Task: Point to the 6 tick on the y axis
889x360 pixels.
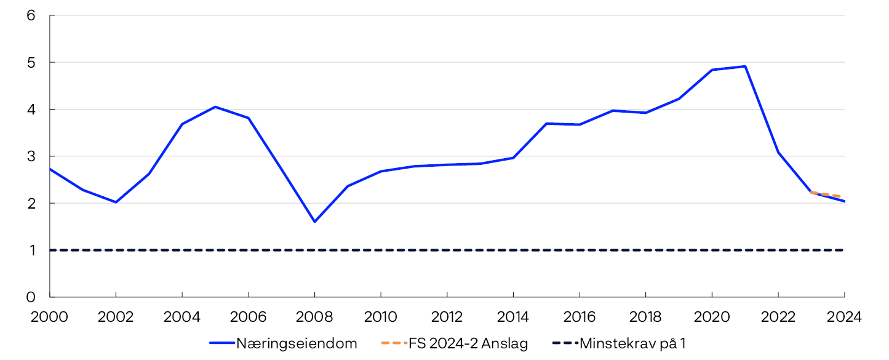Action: point(31,15)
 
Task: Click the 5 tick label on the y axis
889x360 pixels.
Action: point(31,62)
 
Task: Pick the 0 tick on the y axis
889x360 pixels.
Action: point(31,297)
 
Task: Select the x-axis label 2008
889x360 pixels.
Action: point(314,317)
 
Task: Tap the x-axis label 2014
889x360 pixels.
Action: point(513,317)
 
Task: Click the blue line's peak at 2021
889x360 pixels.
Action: point(745,66)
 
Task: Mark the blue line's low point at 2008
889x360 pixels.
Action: point(314,222)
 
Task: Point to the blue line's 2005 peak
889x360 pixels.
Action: point(215,107)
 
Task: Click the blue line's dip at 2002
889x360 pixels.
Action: point(116,202)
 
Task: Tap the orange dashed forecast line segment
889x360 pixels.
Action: point(828,194)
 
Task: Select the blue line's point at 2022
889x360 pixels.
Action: point(778,152)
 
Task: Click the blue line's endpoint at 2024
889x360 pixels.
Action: point(844,201)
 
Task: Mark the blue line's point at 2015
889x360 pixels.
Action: point(546,124)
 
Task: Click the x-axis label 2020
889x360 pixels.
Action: point(712,317)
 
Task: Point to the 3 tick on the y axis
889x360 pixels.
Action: point(31,156)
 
